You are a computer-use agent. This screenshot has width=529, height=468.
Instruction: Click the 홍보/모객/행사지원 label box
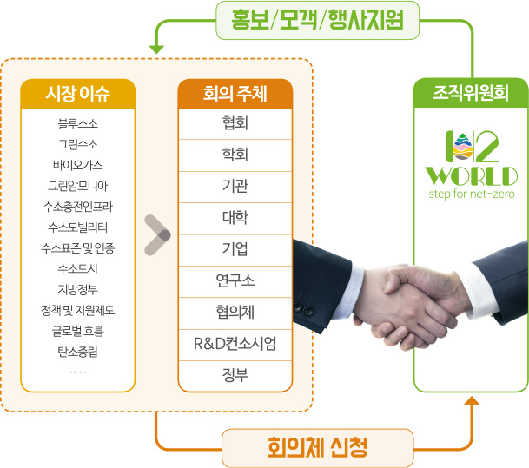tap(317, 20)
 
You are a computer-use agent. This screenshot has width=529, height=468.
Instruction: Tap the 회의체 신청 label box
tap(317, 448)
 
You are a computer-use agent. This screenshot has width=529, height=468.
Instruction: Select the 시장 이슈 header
tap(78, 94)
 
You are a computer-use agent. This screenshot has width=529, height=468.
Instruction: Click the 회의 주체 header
tap(235, 94)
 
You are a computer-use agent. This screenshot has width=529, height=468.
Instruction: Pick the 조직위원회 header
tap(471, 93)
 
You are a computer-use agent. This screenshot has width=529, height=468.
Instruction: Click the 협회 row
tap(235, 123)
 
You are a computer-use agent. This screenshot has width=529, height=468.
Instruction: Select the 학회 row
tap(235, 155)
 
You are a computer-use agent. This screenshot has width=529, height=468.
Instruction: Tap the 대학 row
tap(235, 218)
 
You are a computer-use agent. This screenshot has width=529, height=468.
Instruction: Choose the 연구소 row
tap(235, 281)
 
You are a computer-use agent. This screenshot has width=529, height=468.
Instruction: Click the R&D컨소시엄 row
tap(235, 344)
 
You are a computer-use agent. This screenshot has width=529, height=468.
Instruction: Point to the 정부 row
tap(235, 376)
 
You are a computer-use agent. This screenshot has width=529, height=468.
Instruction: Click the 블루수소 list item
tap(78, 124)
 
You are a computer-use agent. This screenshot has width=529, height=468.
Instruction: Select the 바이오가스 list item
tap(78, 165)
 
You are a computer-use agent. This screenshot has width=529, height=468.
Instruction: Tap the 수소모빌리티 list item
tap(78, 227)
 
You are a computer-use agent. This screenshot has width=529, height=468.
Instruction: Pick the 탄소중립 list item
tap(78, 352)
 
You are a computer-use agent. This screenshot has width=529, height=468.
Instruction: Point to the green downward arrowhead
tap(156, 49)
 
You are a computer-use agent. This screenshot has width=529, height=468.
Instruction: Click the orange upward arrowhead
tap(472, 400)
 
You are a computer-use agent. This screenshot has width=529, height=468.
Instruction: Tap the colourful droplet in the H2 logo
tap(462, 147)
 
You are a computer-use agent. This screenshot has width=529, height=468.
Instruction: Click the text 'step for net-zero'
tap(472, 194)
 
